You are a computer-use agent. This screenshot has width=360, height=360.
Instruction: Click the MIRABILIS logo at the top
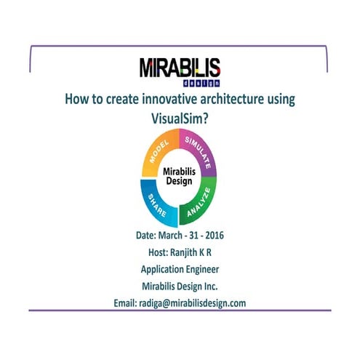pos(180,69)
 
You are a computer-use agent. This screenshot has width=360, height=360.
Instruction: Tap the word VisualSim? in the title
pos(180,115)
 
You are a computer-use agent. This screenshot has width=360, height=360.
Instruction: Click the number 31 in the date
pos(201,236)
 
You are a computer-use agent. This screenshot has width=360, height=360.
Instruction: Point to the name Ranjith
pos(185,252)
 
